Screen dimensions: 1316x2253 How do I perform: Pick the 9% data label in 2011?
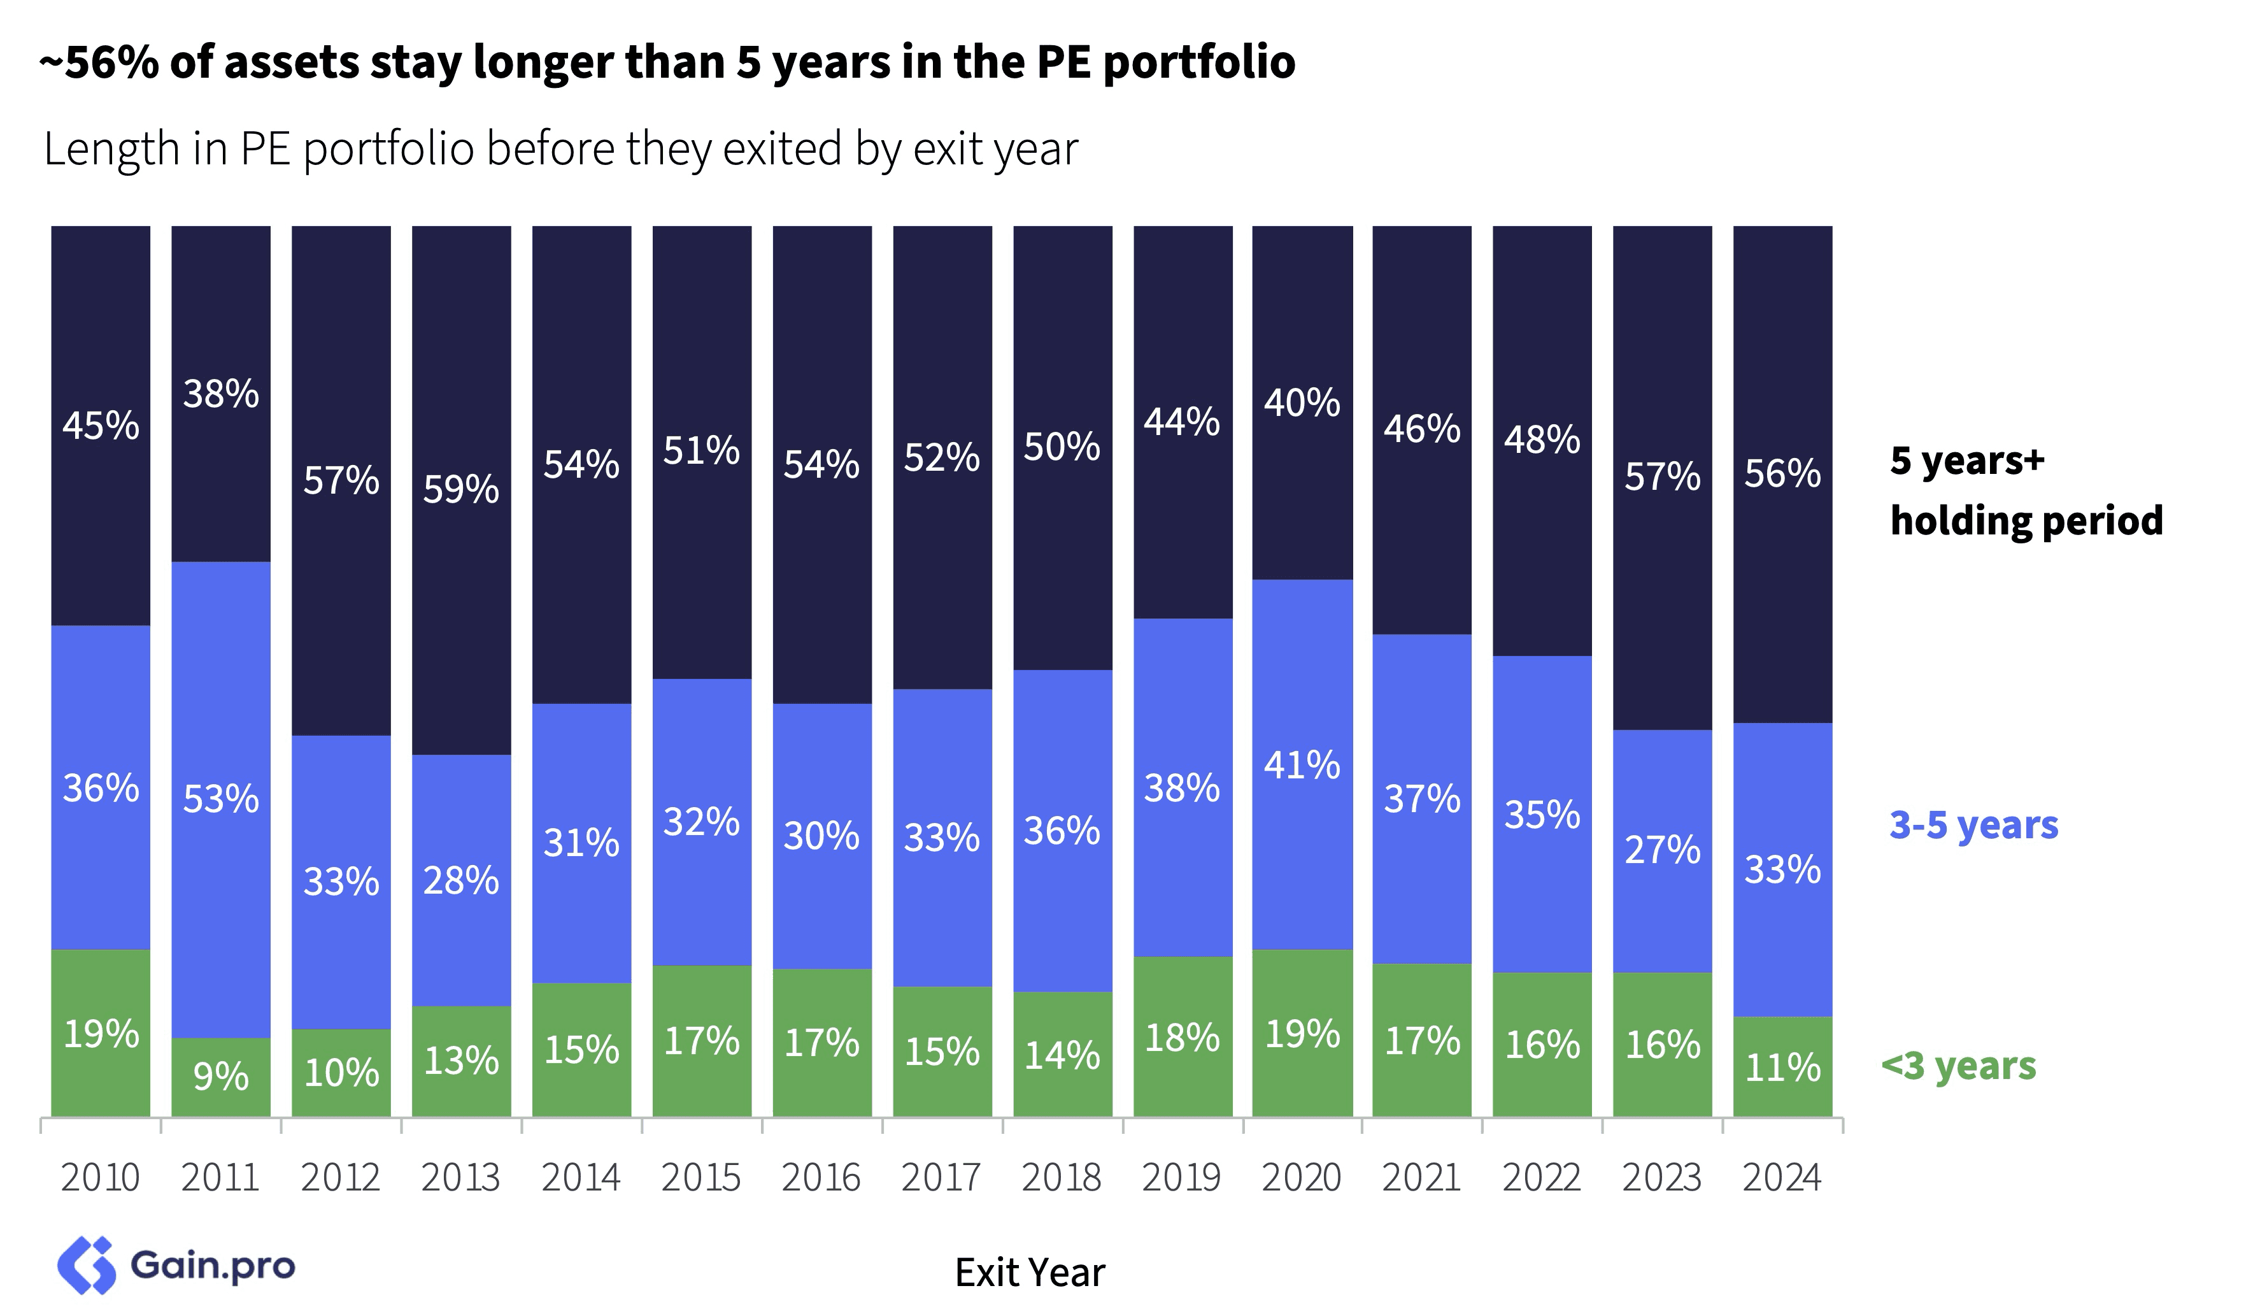point(221,1076)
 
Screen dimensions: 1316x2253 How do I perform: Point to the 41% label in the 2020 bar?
point(1302,765)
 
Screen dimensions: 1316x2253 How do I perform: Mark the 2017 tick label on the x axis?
point(941,1177)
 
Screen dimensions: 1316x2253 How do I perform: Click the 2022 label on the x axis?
point(1541,1177)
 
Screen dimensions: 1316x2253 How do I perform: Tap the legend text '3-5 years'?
point(1973,824)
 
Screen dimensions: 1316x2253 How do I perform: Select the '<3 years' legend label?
point(1958,1066)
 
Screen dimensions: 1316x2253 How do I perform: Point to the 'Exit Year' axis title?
point(1029,1272)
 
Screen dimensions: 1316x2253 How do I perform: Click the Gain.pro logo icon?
point(87,1265)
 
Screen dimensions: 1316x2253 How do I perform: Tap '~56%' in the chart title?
point(98,62)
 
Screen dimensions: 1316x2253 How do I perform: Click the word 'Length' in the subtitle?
point(111,148)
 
